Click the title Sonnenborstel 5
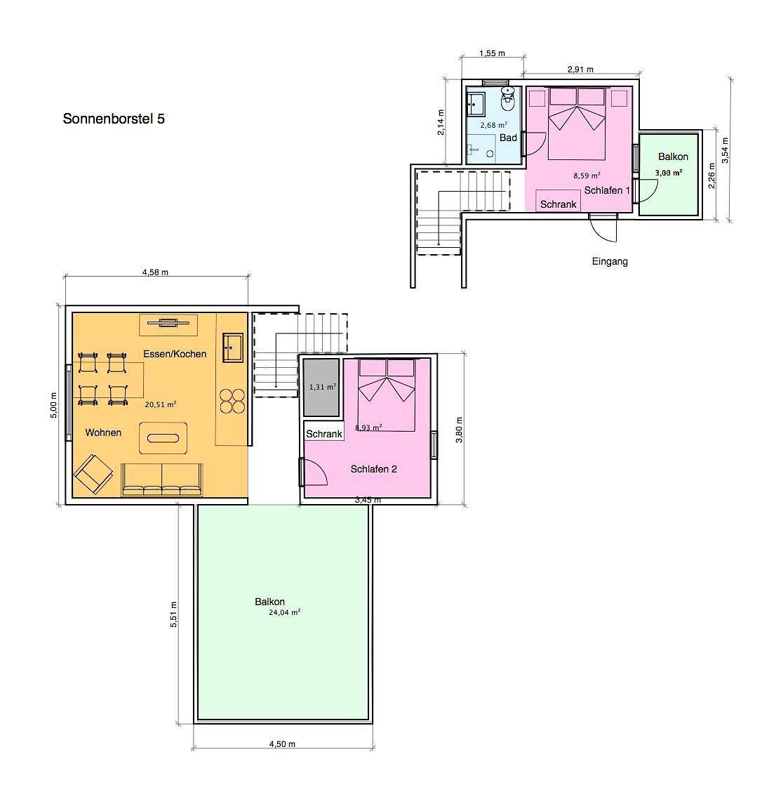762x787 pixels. pyautogui.click(x=114, y=119)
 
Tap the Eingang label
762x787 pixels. pyautogui.click(x=610, y=261)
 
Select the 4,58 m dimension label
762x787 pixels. pyautogui.click(x=156, y=272)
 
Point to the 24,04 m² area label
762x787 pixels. pyautogui.click(x=284, y=612)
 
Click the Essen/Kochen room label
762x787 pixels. pyautogui.click(x=175, y=354)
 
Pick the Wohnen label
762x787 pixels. pyautogui.click(x=103, y=432)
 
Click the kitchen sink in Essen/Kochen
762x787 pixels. pyautogui.click(x=233, y=347)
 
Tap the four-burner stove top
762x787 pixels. pyautogui.click(x=233, y=401)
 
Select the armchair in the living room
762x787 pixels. pyautogui.click(x=93, y=474)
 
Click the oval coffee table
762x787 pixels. pyautogui.click(x=163, y=438)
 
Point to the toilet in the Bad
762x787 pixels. pyautogui.click(x=508, y=99)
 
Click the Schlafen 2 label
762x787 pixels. pyautogui.click(x=374, y=469)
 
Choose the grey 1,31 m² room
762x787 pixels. pyautogui.click(x=321, y=387)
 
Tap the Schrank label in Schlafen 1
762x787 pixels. pyautogui.click(x=559, y=204)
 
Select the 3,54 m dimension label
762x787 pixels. pyautogui.click(x=725, y=150)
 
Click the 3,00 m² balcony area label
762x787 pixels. pyautogui.click(x=669, y=173)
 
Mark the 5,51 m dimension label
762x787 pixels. pyautogui.click(x=173, y=614)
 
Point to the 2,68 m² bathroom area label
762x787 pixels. pyautogui.click(x=494, y=125)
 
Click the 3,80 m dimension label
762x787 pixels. pyautogui.click(x=459, y=430)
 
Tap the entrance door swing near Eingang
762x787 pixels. pyautogui.click(x=603, y=228)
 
